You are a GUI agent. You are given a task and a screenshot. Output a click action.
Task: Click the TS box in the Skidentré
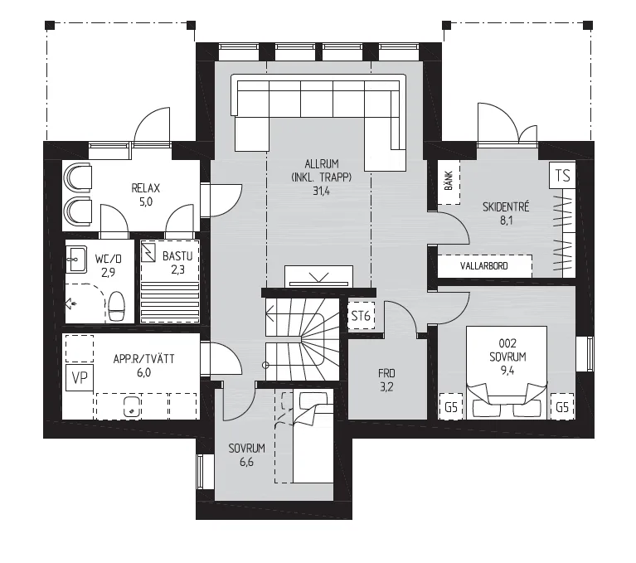(562, 175)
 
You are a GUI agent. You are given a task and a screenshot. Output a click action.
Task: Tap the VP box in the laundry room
(80, 377)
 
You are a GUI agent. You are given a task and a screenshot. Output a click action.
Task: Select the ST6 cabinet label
(361, 316)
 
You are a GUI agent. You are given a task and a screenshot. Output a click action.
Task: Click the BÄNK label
(449, 181)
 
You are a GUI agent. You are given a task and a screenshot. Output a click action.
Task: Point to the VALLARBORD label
(484, 266)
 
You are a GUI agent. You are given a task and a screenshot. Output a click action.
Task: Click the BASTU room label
(177, 256)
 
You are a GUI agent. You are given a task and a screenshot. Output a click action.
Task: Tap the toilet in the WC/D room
(117, 307)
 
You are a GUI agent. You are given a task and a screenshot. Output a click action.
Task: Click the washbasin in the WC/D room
(76, 260)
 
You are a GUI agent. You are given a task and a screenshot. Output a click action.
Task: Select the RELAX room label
(146, 188)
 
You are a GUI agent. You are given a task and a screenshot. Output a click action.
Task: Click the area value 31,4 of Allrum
(321, 191)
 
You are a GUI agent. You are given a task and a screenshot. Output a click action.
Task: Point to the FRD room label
(386, 373)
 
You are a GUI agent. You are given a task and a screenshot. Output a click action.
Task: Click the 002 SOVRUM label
(507, 350)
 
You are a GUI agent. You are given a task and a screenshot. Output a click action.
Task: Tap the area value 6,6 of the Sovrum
(246, 462)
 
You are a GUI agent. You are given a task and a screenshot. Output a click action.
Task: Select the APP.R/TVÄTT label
(143, 359)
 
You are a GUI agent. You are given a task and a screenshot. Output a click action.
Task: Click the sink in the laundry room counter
(132, 406)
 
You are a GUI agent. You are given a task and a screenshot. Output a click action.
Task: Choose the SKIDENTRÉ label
(506, 206)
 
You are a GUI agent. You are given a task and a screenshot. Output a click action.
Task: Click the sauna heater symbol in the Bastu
(148, 252)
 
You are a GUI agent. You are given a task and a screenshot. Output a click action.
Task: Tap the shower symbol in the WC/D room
(70, 303)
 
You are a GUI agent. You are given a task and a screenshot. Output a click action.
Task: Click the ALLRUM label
(321, 164)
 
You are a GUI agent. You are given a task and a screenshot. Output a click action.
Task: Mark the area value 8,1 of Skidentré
(506, 221)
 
